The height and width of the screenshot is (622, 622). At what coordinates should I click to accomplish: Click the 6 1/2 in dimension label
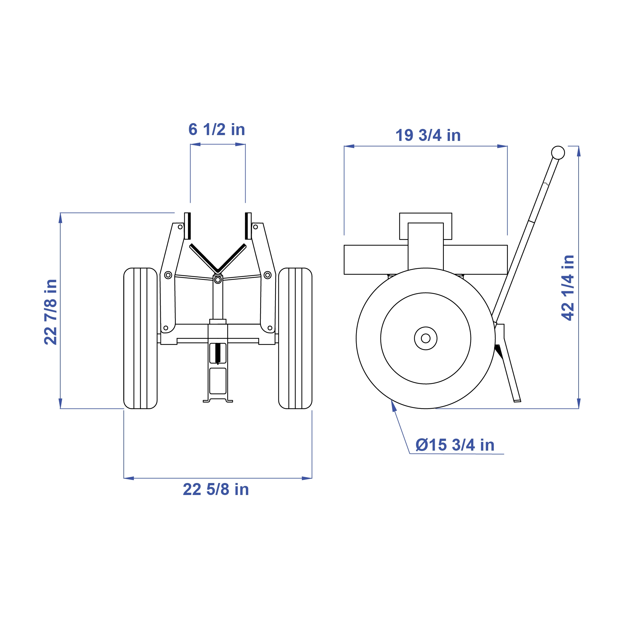217,130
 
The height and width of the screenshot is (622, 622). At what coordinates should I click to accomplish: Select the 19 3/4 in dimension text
428,135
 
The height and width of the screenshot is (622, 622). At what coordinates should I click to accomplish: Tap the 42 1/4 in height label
568,288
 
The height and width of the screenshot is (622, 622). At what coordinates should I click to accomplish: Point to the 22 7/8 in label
51,312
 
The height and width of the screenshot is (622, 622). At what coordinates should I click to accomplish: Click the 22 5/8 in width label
216,489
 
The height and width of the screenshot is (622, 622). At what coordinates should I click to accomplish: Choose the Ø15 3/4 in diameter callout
455,445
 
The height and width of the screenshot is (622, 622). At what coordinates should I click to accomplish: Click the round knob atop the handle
558,153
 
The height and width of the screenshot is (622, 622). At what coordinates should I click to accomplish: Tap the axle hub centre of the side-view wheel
426,338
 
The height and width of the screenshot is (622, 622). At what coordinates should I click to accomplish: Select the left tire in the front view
140,338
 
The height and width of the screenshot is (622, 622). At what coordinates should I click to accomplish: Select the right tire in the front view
295,338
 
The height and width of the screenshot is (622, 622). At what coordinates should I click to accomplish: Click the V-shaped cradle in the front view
218,259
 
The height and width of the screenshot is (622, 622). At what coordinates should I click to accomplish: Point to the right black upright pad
248,226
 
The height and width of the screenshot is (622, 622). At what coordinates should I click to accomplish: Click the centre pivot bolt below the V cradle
218,280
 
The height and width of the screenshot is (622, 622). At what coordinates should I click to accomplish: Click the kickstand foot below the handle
517,401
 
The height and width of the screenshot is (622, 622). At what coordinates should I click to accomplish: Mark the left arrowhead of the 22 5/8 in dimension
129,478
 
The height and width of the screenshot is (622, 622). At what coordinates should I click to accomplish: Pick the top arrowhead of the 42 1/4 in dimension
579,151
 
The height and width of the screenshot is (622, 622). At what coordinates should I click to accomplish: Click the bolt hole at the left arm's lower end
166,328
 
